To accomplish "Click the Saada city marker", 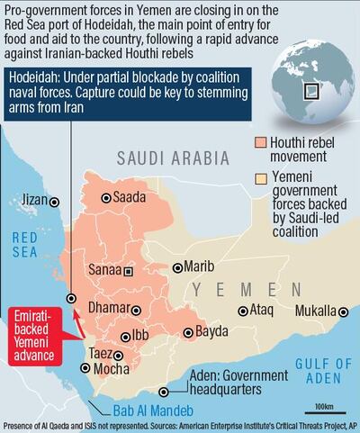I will pyautogui.click(x=106, y=198).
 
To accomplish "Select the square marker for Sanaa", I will pyautogui.click(x=128, y=269).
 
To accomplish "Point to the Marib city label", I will pyautogui.click(x=200, y=266).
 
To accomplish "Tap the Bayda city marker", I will pyautogui.click(x=185, y=332).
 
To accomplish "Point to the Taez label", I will pyautogui.click(x=101, y=354).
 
